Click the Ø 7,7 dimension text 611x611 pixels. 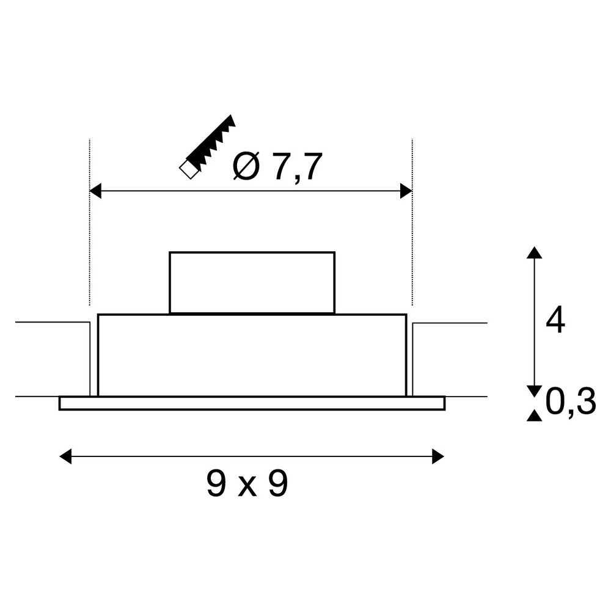[x=278, y=167]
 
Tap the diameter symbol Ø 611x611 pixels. [x=246, y=167]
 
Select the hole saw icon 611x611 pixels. [x=207, y=147]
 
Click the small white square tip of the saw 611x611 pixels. [x=189, y=170]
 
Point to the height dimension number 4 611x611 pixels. [x=555, y=320]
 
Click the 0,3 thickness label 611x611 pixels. [x=571, y=403]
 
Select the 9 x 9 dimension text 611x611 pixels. [x=247, y=483]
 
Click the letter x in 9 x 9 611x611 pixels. [x=247, y=487]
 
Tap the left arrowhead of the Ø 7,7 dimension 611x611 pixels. [x=95, y=191]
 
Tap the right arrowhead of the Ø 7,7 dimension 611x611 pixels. [x=406, y=191]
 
